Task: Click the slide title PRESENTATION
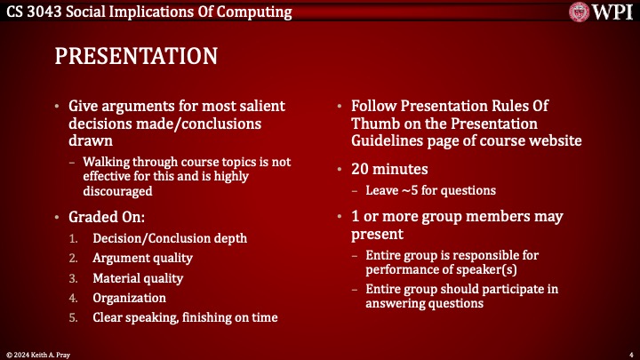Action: coord(136,56)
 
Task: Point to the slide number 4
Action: coord(629,351)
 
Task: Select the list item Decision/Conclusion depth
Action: coord(170,237)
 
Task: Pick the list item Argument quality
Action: coord(142,258)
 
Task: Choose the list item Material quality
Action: coord(138,278)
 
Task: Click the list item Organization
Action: coord(129,298)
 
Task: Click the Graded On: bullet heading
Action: coord(107,216)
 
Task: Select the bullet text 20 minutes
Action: coord(390,169)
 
